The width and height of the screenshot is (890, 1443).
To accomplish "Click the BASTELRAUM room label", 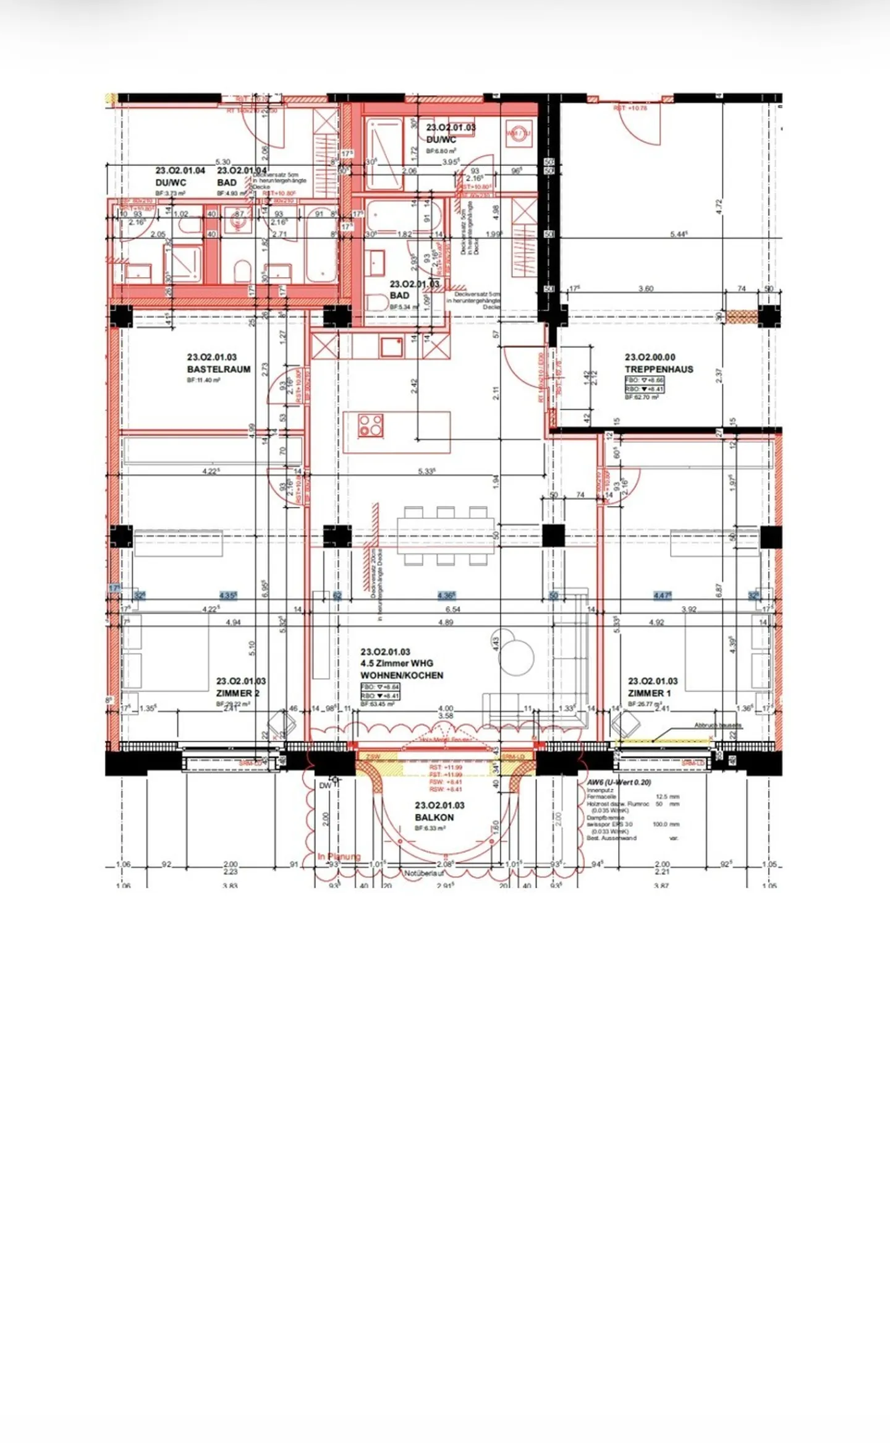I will pyautogui.click(x=219, y=369).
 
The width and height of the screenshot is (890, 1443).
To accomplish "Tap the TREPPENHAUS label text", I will pyautogui.click(x=659, y=369).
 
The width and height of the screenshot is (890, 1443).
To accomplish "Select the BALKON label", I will pyautogui.click(x=434, y=817).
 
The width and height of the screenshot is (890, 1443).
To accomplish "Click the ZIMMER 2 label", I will pyautogui.click(x=237, y=693).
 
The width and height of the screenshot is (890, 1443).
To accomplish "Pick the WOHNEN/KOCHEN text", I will pyautogui.click(x=402, y=675).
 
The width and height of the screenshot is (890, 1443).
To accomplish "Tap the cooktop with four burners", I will pyautogui.click(x=371, y=425).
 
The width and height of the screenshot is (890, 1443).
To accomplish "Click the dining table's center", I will pyautogui.click(x=446, y=536).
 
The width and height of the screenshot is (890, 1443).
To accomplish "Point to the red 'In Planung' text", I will pyautogui.click(x=339, y=857).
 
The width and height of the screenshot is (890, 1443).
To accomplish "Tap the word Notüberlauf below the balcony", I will pyautogui.click(x=425, y=873).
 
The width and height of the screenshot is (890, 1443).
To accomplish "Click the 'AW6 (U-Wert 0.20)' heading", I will pyautogui.click(x=619, y=782).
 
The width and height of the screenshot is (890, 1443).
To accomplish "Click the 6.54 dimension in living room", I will pyautogui.click(x=452, y=609).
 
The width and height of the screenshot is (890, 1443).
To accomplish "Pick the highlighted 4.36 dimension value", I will pyautogui.click(x=446, y=596).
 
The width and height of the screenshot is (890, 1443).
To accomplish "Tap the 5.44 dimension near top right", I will pyautogui.click(x=679, y=234).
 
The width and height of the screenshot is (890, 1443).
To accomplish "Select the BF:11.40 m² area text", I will pyautogui.click(x=203, y=380).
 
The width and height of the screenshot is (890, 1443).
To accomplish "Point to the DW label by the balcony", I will pyautogui.click(x=325, y=786).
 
